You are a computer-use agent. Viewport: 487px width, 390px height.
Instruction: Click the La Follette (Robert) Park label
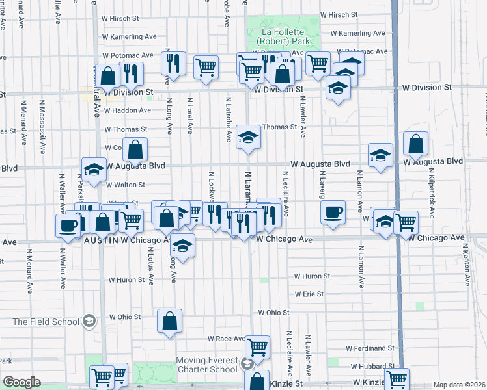(283, 36)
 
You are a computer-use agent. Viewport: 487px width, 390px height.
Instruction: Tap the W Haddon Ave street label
(128, 110)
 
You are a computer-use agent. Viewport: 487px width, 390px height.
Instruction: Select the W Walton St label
(126, 185)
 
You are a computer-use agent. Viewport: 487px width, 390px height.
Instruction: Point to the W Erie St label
(308, 294)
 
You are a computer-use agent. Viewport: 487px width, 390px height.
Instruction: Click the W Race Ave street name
(226, 339)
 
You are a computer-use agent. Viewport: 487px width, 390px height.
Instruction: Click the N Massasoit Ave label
(44, 126)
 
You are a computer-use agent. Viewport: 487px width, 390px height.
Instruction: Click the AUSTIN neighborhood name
(101, 240)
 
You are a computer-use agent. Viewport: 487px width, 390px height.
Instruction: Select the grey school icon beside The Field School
(89, 321)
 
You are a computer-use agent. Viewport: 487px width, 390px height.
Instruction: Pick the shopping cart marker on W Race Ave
(257, 346)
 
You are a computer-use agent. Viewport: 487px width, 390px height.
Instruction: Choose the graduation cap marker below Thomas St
(247, 137)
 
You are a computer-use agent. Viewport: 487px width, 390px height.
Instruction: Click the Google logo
(21, 382)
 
